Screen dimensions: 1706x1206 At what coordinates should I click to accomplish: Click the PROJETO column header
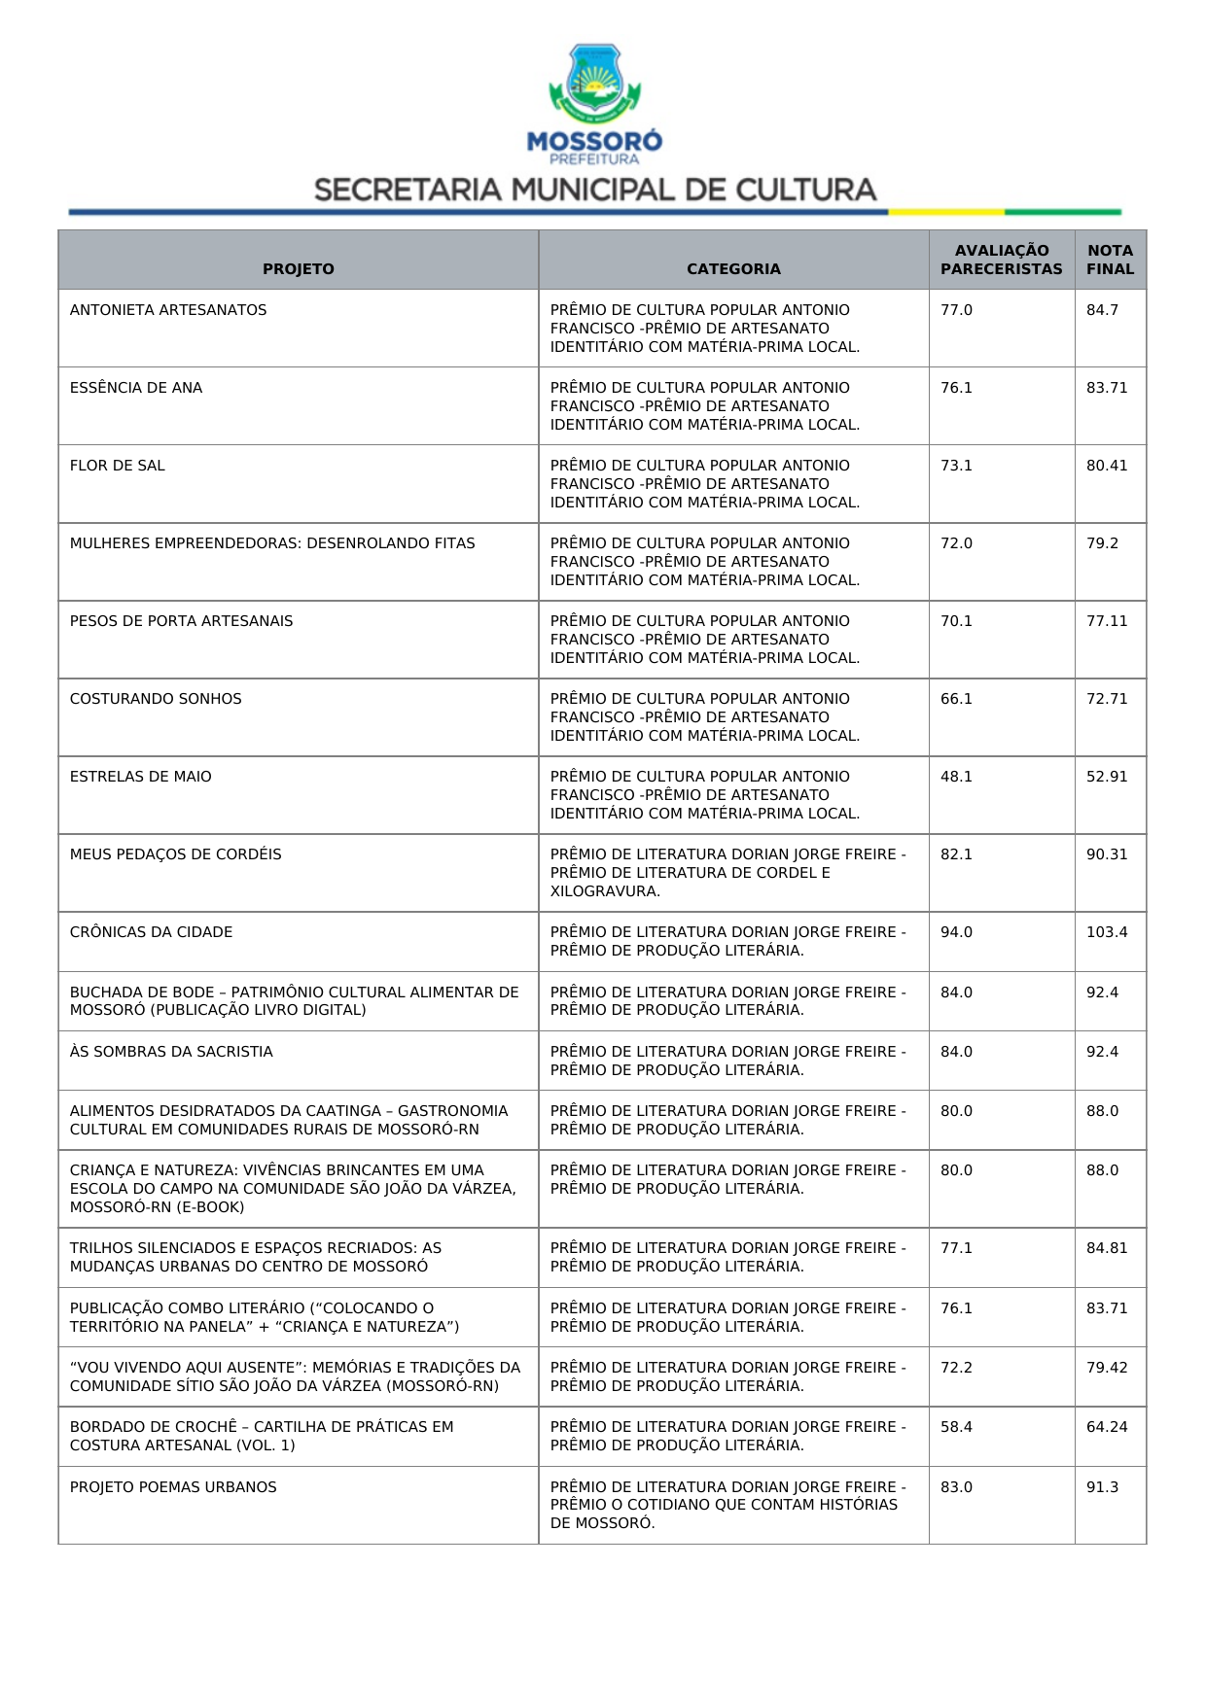click(298, 269)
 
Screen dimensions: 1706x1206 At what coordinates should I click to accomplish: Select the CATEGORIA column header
click(733, 269)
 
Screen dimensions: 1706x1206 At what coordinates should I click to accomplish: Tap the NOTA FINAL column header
click(1110, 260)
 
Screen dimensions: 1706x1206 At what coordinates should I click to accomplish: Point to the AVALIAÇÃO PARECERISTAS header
click(1001, 260)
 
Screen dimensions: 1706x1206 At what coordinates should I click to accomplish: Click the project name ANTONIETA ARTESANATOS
click(168, 310)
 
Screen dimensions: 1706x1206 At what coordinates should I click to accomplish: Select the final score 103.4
click(1107, 932)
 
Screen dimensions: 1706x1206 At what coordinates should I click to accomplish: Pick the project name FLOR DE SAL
click(118, 466)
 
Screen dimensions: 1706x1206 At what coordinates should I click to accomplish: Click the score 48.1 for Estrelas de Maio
click(956, 777)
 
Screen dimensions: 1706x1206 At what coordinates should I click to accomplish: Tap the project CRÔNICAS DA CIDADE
click(151, 932)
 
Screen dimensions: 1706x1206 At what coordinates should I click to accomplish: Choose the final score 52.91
click(1107, 777)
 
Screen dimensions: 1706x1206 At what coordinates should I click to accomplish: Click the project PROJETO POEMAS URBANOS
click(173, 1487)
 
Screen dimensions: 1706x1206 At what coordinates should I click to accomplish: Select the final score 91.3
click(1102, 1487)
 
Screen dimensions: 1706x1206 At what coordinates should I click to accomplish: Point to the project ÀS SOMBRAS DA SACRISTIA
click(171, 1052)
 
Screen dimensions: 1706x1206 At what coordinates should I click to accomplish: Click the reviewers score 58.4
click(956, 1427)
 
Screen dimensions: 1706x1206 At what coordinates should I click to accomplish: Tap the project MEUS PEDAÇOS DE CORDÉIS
click(175, 854)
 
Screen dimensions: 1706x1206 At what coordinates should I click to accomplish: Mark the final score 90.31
click(1107, 854)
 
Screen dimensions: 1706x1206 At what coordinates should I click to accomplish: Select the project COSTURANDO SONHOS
click(156, 699)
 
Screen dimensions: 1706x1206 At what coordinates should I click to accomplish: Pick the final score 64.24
click(1107, 1427)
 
